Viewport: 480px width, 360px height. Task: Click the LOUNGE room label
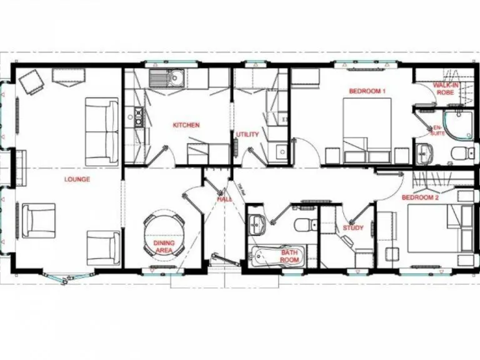coord(77,179)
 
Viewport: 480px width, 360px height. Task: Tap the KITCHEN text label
coord(186,125)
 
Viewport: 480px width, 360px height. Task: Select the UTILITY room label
coord(247,134)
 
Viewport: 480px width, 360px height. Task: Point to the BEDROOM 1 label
coord(367,91)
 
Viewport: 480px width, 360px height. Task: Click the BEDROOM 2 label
coord(420,197)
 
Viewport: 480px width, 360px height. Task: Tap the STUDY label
coord(353,228)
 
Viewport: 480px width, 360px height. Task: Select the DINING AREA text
coord(164,246)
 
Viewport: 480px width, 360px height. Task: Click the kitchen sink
coord(177,77)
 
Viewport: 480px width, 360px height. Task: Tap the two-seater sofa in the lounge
coord(102,131)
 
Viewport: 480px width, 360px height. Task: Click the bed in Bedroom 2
coord(437,231)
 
